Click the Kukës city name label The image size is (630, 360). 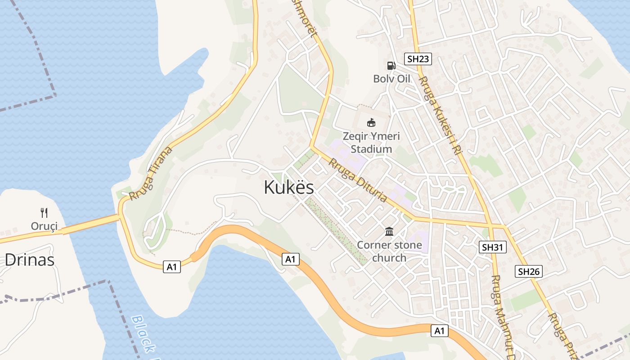[289, 187]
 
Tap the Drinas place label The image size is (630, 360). [30, 260]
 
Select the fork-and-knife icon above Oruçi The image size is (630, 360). [44, 212]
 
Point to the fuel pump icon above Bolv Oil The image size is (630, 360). [391, 66]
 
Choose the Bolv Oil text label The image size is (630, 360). [391, 79]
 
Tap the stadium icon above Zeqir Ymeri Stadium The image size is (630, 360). [371, 122]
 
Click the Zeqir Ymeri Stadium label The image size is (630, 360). [371, 142]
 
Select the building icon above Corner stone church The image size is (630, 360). [389, 232]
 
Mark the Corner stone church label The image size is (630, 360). [390, 252]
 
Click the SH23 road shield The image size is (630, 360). [418, 58]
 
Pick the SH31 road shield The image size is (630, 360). [493, 247]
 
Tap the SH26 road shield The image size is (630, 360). [529, 271]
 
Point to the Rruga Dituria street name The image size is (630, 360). [358, 180]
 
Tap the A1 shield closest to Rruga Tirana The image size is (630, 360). [173, 267]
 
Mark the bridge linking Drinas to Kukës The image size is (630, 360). [90, 224]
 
